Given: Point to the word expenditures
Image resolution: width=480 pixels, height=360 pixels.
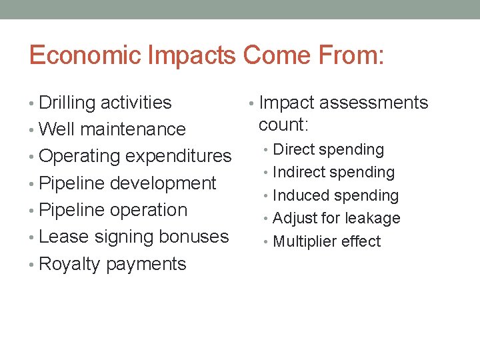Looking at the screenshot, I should click(x=179, y=157).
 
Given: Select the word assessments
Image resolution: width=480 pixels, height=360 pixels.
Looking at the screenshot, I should click(x=374, y=103).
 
